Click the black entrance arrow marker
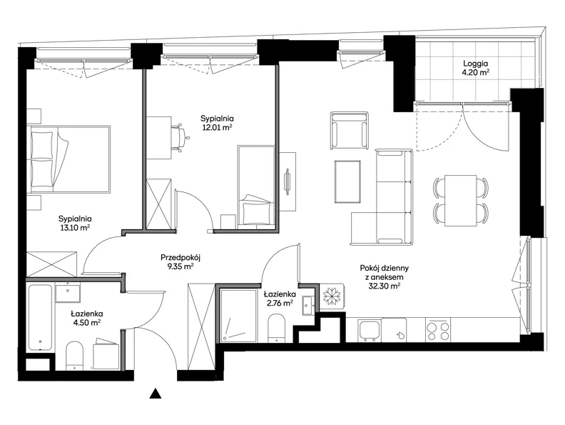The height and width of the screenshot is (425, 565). pos(156,394)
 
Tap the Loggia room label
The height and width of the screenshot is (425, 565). pos(475,64)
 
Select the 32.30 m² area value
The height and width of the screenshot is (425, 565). pos(384,286)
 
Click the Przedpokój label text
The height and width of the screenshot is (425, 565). pos(180,258)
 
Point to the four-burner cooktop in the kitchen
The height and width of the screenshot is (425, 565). pos(437,330)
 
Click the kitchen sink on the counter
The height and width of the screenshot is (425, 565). pos(370,330)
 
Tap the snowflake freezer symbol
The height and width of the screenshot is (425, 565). pos(332,296)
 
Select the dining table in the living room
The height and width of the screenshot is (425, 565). pos(461,200)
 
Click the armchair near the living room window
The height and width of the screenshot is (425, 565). pos(350,130)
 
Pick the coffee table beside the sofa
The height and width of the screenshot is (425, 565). pos(347,181)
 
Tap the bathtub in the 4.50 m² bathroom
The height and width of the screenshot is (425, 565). pos(40,317)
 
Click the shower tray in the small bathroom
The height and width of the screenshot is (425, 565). pos(239,314)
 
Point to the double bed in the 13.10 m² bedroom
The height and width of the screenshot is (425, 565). pos(68,159)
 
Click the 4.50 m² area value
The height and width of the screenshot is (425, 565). pos(86,323)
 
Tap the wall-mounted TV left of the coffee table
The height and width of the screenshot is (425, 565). pos(288,181)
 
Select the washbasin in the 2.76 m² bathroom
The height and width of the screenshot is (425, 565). pos(309,305)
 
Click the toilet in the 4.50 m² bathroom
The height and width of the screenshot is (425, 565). pos(75,356)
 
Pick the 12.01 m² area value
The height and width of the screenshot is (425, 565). pos(217,127)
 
